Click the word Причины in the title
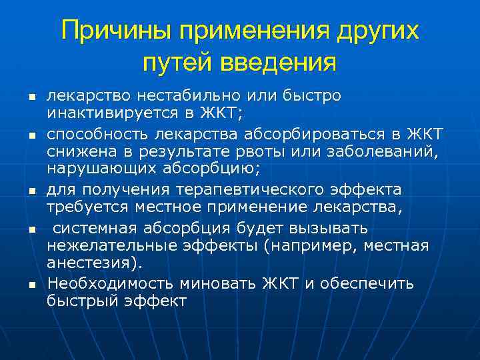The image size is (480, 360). (x=110, y=32)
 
